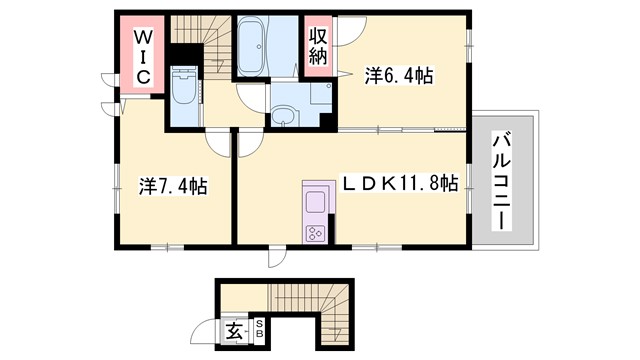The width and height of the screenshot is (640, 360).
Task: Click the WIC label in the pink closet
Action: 143,56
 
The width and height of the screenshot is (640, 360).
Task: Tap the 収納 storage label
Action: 317,46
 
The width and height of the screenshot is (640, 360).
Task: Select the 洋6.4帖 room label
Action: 398,76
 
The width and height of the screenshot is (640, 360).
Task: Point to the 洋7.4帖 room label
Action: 172,185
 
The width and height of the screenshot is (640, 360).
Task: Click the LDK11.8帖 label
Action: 400,185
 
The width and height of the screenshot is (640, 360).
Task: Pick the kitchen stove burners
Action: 316,233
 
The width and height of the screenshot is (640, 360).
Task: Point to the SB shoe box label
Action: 257,327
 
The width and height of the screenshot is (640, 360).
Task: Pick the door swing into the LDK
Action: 244,141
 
